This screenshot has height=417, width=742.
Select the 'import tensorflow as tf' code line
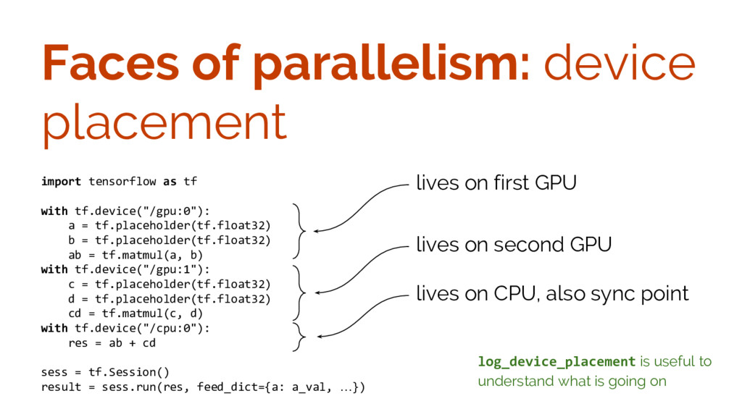pyautogui.click(x=119, y=181)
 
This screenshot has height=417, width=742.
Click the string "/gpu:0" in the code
pyautogui.click(x=172, y=211)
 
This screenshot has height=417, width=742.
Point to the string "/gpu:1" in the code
pyautogui.click(x=172, y=269)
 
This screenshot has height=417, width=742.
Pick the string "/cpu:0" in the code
pyautogui.click(x=172, y=328)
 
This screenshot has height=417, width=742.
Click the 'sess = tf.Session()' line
pyautogui.click(x=105, y=372)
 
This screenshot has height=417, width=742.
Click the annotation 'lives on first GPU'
pyautogui.click(x=496, y=183)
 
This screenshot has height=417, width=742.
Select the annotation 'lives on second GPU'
pyautogui.click(x=514, y=245)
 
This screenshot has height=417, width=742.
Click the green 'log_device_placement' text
pyautogui.click(x=556, y=361)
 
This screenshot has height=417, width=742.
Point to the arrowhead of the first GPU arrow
pyautogui.click(x=316, y=230)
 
